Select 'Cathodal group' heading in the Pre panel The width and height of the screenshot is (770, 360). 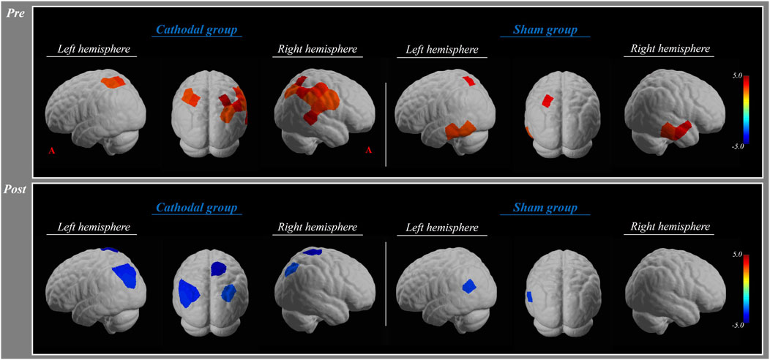tap(197, 31)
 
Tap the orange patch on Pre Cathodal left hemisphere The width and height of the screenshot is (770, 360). tap(113, 83)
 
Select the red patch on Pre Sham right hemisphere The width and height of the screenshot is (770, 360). tap(675, 130)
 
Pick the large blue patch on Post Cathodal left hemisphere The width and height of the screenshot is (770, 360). tap(125, 277)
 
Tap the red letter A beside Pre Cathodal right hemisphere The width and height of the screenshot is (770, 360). tap(369, 150)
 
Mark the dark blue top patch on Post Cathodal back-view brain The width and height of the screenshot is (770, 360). tap(219, 266)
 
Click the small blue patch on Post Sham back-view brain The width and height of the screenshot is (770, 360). tap(528, 296)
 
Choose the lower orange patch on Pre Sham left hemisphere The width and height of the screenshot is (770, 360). tap(458, 131)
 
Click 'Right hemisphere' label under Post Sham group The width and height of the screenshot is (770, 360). tap(667, 228)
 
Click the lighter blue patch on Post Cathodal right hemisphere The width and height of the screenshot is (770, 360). tap(293, 270)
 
